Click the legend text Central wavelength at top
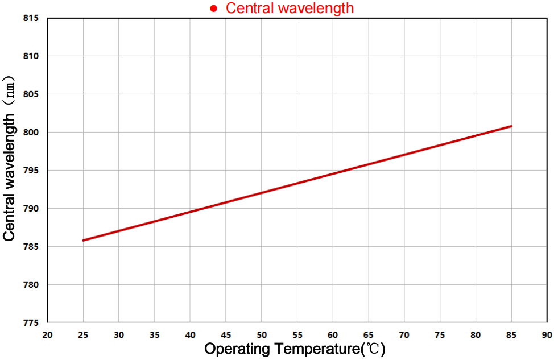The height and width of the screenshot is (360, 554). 290,9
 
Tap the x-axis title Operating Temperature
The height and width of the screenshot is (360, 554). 295,349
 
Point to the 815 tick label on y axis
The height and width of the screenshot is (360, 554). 31,18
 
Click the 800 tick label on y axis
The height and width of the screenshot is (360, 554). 31,132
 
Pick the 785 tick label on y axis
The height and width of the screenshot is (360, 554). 31,246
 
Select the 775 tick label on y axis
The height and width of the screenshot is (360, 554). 31,322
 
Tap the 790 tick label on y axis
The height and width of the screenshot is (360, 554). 31,208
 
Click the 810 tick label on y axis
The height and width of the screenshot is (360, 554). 31,56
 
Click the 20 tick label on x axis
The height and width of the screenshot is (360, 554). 47,334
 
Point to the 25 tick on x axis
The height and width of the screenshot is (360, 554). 83,334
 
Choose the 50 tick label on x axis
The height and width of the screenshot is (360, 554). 262,334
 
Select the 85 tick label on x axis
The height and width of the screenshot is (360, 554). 511,334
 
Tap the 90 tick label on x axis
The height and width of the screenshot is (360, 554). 547,334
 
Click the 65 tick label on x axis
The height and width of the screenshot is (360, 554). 369,334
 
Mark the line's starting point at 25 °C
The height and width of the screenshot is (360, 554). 83,240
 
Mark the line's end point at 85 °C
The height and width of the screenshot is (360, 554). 511,126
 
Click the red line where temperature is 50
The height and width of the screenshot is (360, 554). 262,193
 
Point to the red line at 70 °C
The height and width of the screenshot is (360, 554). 404,155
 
